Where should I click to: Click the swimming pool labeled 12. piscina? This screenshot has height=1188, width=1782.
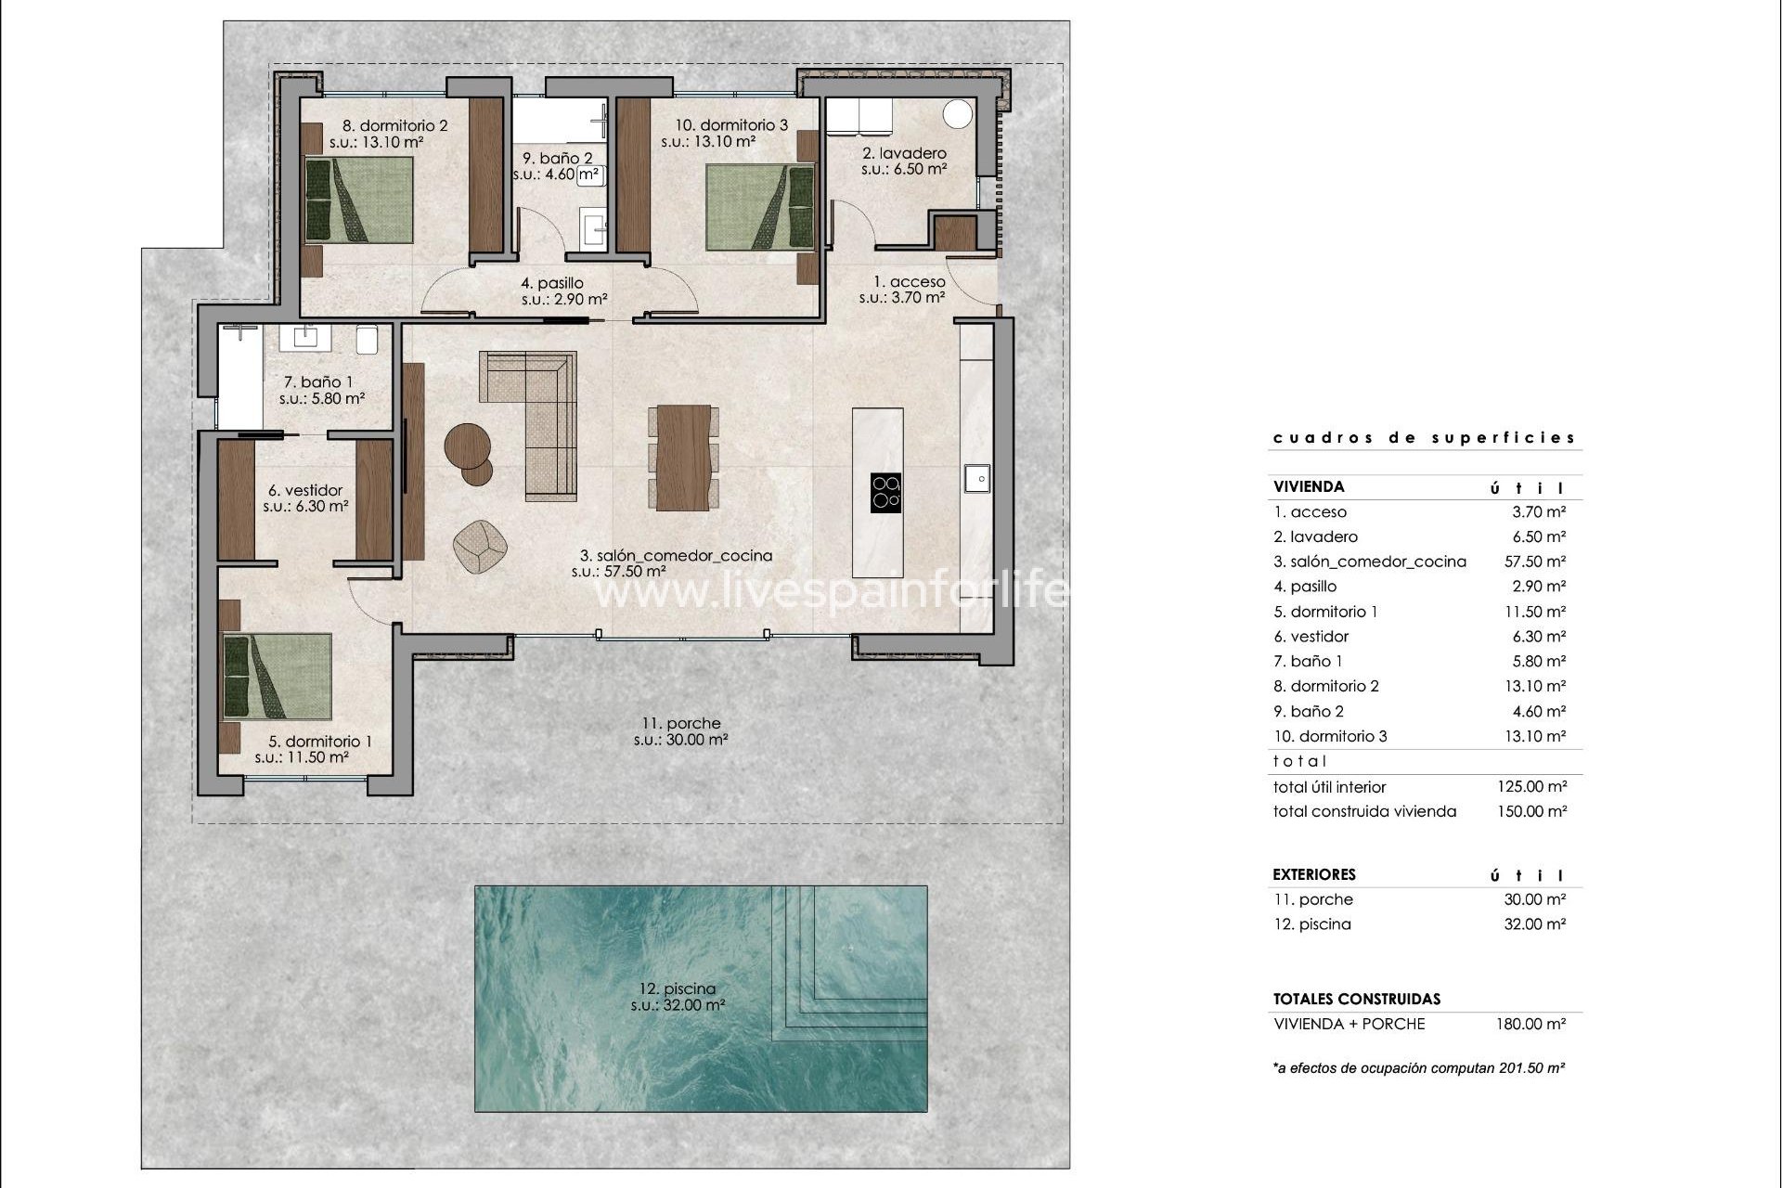701,998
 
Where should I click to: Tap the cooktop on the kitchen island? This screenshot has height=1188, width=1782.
885,492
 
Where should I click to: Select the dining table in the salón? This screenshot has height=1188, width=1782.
683,458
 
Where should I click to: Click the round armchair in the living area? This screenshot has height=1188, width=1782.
481,546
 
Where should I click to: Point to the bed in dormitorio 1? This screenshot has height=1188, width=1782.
278,677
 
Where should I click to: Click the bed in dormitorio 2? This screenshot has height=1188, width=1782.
359,200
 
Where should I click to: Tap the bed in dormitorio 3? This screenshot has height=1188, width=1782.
759,207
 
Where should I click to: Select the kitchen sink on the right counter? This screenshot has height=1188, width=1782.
976,478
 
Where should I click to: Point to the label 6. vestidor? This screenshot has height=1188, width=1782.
305,490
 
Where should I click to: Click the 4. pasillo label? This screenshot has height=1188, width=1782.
552,283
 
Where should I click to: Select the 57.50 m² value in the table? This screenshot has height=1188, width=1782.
1535,562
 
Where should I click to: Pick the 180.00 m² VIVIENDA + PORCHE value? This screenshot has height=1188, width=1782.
1534,1024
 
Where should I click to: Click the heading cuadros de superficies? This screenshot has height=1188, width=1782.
1424,437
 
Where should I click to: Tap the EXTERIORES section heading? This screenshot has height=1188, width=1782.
1313,874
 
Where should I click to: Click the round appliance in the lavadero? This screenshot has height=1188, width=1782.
957,114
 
